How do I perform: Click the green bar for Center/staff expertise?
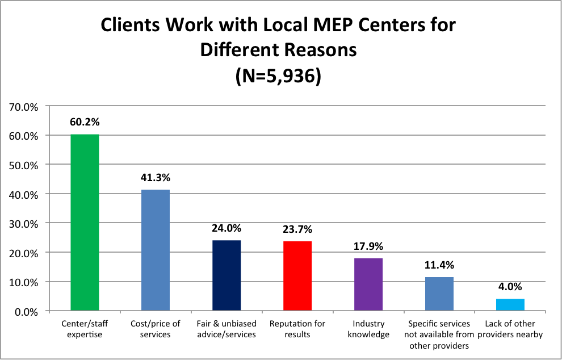tap(85, 223)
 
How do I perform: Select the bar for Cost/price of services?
tap(156, 250)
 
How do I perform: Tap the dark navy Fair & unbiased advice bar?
tap(227, 275)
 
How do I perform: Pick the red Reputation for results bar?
tap(297, 276)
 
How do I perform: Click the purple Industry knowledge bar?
tap(368, 284)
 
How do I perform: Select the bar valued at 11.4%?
tap(439, 294)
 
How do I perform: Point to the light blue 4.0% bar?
tap(510, 305)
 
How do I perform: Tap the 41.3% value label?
tap(156, 178)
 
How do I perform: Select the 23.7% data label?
tap(297, 229)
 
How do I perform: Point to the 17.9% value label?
tap(368, 247)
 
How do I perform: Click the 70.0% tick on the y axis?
tap(23, 106)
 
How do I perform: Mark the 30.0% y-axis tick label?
tap(23, 223)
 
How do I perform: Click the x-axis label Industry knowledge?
tap(368, 329)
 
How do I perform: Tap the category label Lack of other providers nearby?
tap(510, 329)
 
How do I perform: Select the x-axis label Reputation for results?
tap(297, 329)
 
